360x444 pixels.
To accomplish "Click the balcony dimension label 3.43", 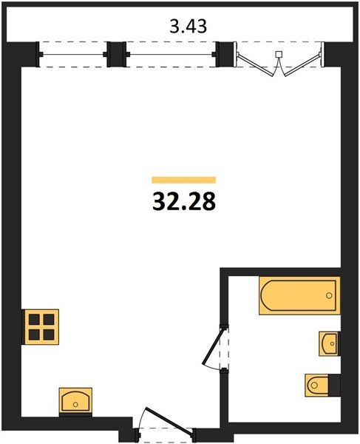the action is click(188, 27).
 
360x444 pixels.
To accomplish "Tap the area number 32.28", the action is click(184, 201).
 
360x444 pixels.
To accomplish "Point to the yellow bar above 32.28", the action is click(184, 180).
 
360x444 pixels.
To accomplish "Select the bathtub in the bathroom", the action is click(299, 295).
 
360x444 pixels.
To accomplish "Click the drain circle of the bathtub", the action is click(329, 295).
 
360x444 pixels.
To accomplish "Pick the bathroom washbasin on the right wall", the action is click(329, 343).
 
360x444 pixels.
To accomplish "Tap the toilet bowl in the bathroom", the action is click(317, 385).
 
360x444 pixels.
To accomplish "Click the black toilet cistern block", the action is click(335, 385).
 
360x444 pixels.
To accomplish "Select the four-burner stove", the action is click(41, 327).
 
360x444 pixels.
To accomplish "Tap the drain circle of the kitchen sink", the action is click(75, 404).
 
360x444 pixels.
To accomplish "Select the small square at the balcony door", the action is click(279, 54).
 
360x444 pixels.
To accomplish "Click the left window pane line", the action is click(73, 54).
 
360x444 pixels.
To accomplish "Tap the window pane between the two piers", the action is click(171, 54).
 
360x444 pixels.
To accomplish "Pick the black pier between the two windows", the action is click(117, 54).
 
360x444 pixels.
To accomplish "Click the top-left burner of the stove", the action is click(34, 320).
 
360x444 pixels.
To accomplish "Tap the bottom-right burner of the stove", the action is click(49, 334).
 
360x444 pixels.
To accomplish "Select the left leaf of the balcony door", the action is click(255, 65).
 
